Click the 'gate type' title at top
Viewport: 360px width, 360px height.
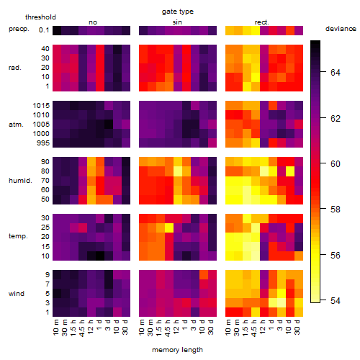[x=178, y=12]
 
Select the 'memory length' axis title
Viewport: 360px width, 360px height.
[x=177, y=350]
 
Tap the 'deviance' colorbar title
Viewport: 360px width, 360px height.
[x=341, y=29]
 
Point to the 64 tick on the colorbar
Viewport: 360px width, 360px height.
[x=323, y=71]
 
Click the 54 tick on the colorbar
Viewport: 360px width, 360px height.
[x=323, y=300]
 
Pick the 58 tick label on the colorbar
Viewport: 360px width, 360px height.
[x=336, y=210]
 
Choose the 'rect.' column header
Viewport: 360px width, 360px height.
[x=261, y=22]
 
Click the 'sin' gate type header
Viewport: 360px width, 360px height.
[x=177, y=22]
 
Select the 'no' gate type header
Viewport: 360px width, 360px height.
[x=93, y=22]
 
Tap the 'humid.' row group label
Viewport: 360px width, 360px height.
[x=20, y=181]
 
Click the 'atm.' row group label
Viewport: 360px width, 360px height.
[x=16, y=125]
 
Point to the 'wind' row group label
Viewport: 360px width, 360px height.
[x=17, y=294]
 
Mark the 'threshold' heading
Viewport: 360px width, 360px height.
[x=40, y=17]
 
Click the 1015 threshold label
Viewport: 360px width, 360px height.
[x=41, y=106]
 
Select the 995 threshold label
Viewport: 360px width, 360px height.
[x=43, y=143]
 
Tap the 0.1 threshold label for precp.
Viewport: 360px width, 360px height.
[x=44, y=30]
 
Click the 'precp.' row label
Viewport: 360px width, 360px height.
[x=19, y=29]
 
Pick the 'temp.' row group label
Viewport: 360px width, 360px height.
[x=18, y=236]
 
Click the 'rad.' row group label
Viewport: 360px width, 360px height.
[x=15, y=68]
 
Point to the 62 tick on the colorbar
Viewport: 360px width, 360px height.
[x=323, y=117]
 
